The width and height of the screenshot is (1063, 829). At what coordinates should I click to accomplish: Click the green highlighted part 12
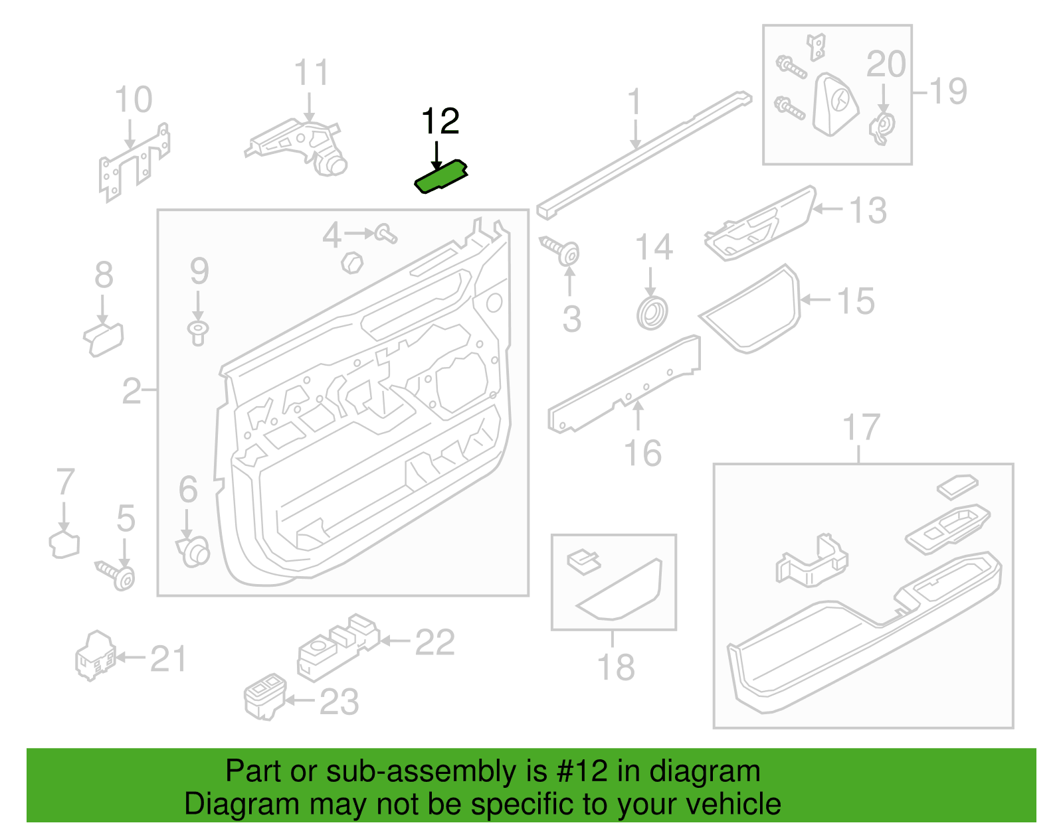tap(440, 177)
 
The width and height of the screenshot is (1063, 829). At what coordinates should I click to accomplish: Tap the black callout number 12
tap(440, 121)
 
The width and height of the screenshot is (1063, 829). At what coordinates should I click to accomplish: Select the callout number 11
tap(312, 73)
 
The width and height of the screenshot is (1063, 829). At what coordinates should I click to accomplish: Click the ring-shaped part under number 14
tap(652, 313)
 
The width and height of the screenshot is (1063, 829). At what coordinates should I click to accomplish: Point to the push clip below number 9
tap(198, 333)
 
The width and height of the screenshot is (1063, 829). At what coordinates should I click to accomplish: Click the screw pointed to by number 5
tap(116, 575)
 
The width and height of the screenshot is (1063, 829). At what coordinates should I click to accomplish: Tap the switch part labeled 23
tap(264, 697)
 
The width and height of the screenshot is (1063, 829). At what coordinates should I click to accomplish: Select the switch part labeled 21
tap(96, 656)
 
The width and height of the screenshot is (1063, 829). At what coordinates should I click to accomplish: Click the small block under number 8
tap(104, 339)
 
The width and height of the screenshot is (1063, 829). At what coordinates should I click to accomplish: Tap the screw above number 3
tap(559, 251)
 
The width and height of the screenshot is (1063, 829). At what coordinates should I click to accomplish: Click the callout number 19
tap(947, 91)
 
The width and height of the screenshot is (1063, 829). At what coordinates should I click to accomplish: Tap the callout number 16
tap(643, 453)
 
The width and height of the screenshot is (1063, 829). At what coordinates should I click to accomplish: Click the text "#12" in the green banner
tap(581, 771)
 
